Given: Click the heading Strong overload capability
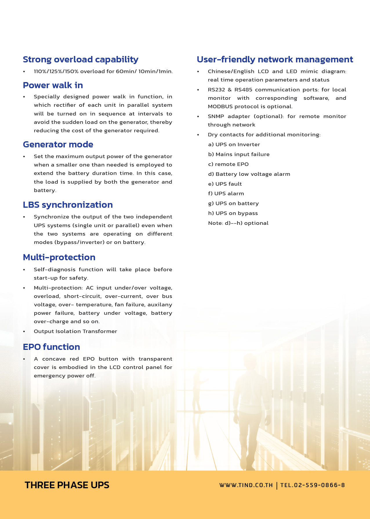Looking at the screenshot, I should click(80, 59).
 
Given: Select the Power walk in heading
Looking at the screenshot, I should click(53, 85).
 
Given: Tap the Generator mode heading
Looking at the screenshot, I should click(58, 144).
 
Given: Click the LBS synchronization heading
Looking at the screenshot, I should click(68, 205).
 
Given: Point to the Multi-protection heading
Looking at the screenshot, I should click(59, 257).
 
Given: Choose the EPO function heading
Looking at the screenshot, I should click(51, 347).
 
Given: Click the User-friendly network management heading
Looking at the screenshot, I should click(275, 59).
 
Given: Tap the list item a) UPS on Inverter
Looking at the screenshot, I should click(234, 144).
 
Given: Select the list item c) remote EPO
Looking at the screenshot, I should click(228, 164).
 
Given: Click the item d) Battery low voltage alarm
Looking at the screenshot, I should click(249, 174).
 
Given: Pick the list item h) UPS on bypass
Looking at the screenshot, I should click(233, 213).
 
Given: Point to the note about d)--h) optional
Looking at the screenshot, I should click(238, 223).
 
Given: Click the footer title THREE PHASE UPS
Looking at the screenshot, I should click(67, 485).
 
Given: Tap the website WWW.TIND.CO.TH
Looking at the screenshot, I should click(246, 485).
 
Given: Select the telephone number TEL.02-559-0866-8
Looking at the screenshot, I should click(312, 485).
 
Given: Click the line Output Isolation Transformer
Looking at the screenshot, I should click(75, 331).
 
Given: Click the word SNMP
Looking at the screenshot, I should click(216, 116).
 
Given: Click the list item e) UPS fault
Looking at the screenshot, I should click(225, 184).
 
